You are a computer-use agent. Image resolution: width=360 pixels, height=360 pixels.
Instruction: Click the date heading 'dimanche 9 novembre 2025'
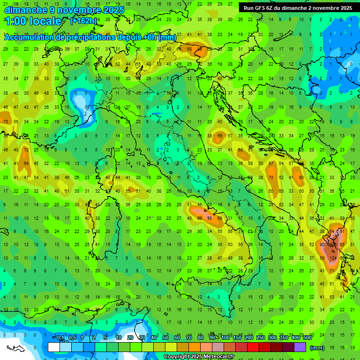click(64, 10)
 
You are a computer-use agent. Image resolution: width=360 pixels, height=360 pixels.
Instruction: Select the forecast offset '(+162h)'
click(83, 21)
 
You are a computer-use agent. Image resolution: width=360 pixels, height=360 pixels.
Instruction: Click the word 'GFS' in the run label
click(260, 8)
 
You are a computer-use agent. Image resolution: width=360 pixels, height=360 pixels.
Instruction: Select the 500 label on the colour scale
click(307, 338)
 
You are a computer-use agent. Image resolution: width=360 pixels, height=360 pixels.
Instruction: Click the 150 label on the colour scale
click(237, 338)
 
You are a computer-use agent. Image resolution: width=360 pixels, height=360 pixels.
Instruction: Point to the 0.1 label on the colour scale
click(60, 338)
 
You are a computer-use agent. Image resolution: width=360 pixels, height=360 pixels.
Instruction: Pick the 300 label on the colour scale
click(272, 338)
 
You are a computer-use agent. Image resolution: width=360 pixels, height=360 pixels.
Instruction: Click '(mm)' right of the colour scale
click(317, 348)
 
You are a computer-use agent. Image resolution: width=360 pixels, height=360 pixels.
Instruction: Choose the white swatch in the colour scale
click(54, 347)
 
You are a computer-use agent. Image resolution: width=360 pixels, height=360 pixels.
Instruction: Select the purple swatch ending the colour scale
click(300, 347)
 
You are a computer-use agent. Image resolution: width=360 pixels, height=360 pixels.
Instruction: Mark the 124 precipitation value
click(334, 258)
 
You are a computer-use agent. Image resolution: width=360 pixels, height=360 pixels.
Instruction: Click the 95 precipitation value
click(210, 218)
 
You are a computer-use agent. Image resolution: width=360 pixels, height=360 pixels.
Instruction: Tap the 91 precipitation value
click(342, 231)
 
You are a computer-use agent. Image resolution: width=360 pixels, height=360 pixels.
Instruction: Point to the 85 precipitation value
click(343, 245)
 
